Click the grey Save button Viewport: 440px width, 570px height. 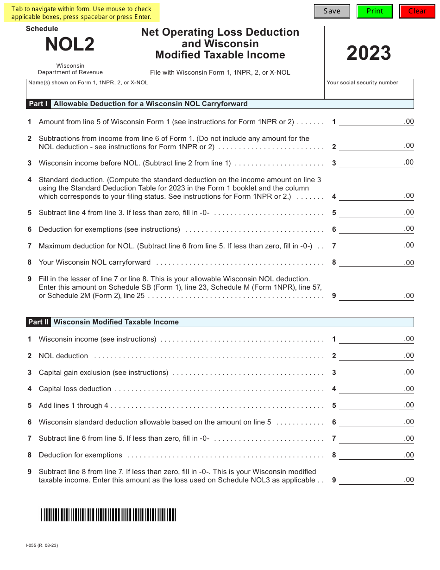click(x=332, y=11)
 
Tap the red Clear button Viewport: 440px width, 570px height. click(x=417, y=11)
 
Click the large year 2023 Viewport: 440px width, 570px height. click(x=369, y=53)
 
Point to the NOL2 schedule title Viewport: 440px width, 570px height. click(x=70, y=44)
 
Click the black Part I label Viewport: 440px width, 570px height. click(x=38, y=104)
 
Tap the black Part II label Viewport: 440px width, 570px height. click(x=38, y=322)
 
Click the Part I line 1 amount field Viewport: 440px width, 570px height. click(x=376, y=122)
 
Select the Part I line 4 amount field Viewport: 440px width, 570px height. click(x=376, y=196)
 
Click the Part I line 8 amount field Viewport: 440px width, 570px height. click(x=376, y=262)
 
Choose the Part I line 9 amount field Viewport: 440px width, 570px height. click(x=376, y=296)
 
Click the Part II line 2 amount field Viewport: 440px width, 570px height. click(x=376, y=356)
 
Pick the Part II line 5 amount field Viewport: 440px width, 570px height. click(x=376, y=405)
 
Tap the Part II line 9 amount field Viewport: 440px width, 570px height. click(x=376, y=480)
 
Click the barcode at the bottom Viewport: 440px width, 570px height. click(x=108, y=515)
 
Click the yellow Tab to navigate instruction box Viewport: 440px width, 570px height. click(x=82, y=13)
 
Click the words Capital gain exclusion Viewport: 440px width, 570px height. click(x=75, y=373)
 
